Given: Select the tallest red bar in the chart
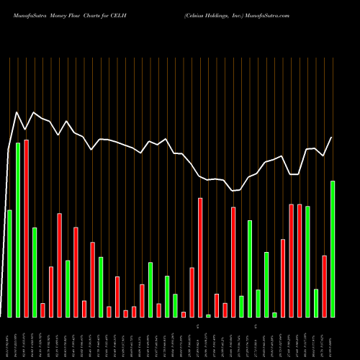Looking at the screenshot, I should (26, 228).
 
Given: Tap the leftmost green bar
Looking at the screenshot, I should (9, 263).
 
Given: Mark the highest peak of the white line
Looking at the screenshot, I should (17, 112).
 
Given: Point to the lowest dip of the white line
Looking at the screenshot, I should (233, 191).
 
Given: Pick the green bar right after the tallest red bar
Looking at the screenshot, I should (35, 271).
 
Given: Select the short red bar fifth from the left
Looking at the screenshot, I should (42, 310).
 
